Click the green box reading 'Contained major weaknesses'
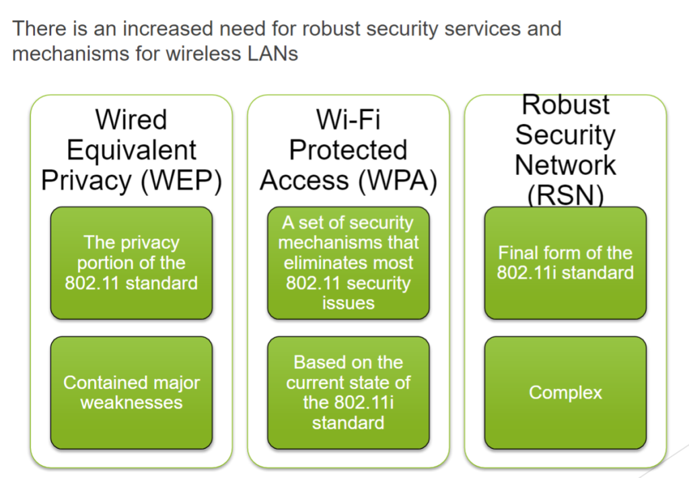point(131,392)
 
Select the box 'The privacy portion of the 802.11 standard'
point(131,263)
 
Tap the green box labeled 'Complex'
point(565,392)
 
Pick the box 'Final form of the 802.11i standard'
point(565,263)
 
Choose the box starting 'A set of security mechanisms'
point(349,263)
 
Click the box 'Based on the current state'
point(349,392)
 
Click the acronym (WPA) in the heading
point(398,180)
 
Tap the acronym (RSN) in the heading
point(565,195)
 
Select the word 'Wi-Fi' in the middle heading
point(349,120)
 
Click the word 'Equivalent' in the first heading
point(131,151)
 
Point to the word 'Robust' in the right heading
point(565,104)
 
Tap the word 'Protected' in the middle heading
point(349,150)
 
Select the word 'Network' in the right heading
point(565,166)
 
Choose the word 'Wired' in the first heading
point(131,120)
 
